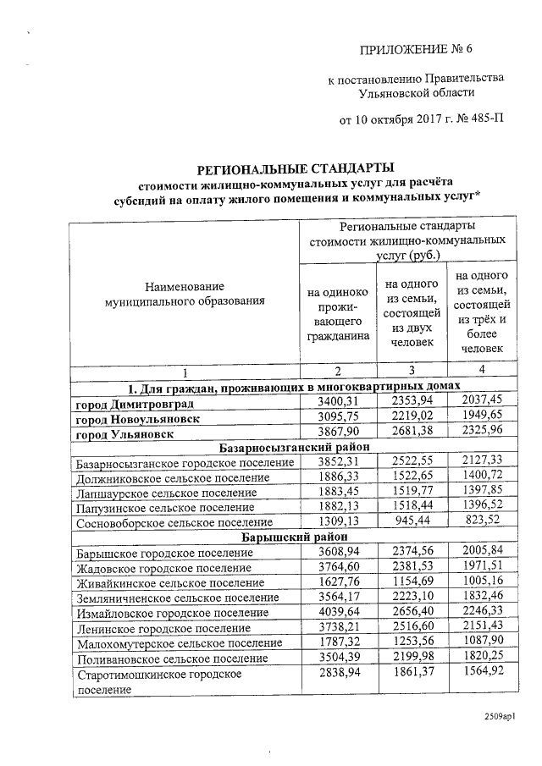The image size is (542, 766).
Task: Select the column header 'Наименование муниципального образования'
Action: point(184,293)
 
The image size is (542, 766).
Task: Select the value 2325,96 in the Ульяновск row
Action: point(481,433)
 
